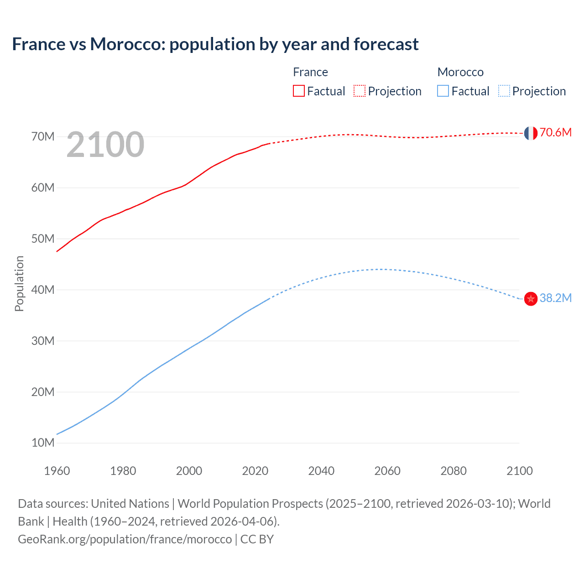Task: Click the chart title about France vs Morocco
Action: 215,44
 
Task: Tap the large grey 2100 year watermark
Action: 105,145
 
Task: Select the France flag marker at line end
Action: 530,133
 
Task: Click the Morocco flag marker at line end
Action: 530,299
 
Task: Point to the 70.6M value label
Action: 555,133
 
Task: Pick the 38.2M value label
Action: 555,298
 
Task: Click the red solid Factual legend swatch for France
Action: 298,91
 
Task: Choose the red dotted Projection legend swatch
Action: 360,91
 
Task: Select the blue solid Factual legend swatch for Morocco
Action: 443,91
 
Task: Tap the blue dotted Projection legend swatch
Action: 504,91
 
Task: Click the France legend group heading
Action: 310,72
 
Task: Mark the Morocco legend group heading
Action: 460,72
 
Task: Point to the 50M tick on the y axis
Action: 43,239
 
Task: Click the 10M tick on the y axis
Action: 43,443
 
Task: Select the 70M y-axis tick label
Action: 43,136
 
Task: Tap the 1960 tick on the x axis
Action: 57,471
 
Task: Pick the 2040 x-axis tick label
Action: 321,471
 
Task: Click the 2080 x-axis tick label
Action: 454,471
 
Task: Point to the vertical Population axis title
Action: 19,283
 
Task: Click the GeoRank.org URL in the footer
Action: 125,539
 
